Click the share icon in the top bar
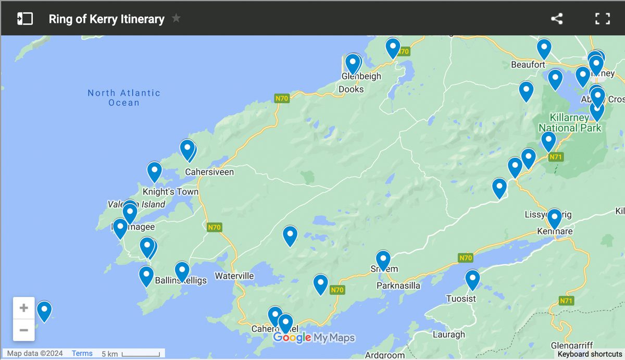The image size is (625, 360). (557, 19)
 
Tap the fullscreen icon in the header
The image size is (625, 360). (602, 19)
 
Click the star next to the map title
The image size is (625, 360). (176, 18)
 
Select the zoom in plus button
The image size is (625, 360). (24, 308)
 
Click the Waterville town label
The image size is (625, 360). (234, 276)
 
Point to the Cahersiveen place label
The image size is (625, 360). (209, 172)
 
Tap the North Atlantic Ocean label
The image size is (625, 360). (124, 97)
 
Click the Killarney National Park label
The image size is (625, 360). (570, 123)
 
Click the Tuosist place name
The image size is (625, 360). (461, 299)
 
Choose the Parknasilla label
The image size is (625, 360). (398, 285)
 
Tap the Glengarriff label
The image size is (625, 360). (571, 345)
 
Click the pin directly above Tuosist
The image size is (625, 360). (472, 279)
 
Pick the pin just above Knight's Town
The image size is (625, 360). (154, 171)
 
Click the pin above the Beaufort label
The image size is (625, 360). (544, 48)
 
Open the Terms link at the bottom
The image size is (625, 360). (82, 353)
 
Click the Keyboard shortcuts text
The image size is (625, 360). (590, 354)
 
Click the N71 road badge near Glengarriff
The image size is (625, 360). (566, 301)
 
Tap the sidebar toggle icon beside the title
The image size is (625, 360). (25, 19)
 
